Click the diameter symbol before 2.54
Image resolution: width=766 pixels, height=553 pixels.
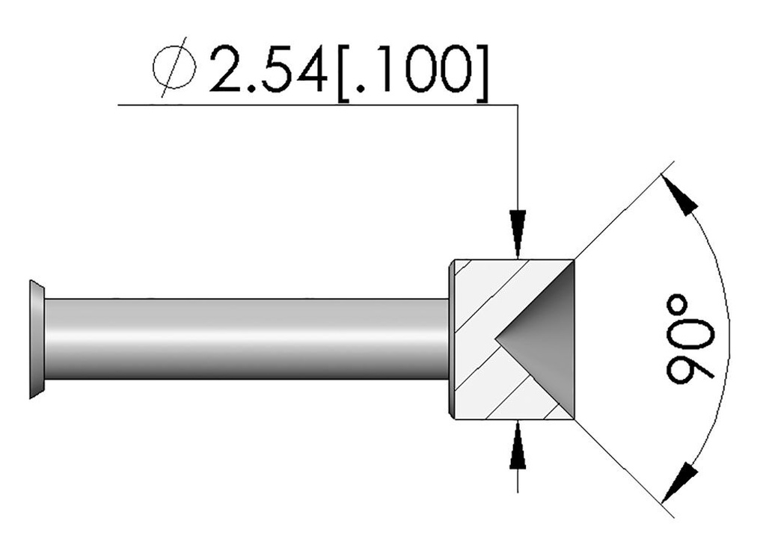[174, 69]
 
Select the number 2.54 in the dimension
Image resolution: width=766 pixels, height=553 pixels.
[272, 69]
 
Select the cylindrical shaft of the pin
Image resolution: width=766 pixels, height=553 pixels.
[247, 339]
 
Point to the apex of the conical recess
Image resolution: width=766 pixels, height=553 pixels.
[497, 339]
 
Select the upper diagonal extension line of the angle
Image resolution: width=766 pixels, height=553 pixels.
[621, 213]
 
